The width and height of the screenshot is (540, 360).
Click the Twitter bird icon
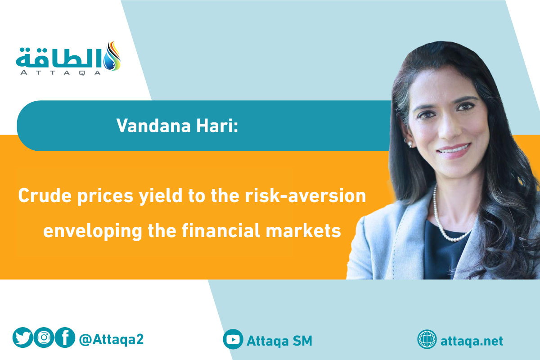(22, 337)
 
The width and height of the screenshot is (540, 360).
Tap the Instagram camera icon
(44, 337)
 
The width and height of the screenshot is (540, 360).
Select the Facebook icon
(65, 337)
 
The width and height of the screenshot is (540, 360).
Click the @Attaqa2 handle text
(112, 339)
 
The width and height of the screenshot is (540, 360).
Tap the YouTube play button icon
(233, 339)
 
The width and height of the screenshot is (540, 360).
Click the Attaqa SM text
(279, 341)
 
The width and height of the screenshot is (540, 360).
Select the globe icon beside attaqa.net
(427, 339)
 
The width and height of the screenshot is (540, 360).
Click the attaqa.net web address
(472, 341)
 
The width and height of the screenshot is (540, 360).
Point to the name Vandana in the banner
(153, 126)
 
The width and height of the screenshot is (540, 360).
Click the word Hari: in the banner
(217, 126)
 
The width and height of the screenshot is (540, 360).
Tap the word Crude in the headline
(45, 195)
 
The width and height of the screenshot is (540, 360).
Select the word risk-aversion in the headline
(306, 195)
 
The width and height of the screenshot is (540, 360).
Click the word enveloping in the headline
(93, 231)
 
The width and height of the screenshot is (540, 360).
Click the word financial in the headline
(221, 230)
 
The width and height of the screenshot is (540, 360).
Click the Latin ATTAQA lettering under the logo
(60, 73)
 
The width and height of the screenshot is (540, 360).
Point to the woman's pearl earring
(409, 144)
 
